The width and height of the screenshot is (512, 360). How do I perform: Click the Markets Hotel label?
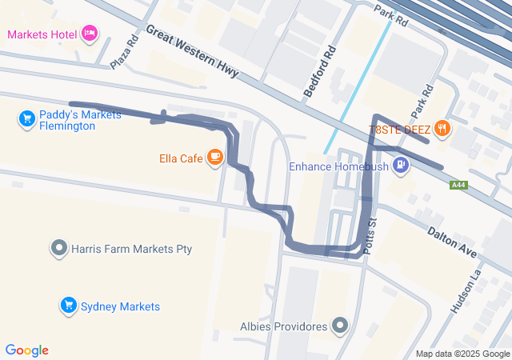pos(42,34)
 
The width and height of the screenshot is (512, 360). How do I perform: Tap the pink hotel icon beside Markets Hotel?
pos(90,34)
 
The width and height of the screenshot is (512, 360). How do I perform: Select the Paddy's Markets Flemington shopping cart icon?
pos(27,119)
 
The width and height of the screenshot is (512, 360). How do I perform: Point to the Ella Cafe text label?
pos(179,158)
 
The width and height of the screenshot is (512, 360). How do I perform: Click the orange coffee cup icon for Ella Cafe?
pos(214,158)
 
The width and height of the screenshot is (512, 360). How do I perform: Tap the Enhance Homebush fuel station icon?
pos(400,166)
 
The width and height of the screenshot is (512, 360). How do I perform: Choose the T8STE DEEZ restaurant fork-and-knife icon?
pos(442,129)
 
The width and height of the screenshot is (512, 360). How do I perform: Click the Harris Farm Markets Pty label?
pos(132,249)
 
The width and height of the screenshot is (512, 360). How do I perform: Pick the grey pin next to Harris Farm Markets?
pos(58,249)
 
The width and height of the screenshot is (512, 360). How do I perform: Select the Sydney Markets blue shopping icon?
pos(68,306)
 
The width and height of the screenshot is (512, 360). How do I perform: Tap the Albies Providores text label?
pos(284,326)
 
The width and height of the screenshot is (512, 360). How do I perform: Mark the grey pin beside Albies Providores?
pos(341,326)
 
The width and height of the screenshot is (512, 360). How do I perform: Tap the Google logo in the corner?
pos(27,350)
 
